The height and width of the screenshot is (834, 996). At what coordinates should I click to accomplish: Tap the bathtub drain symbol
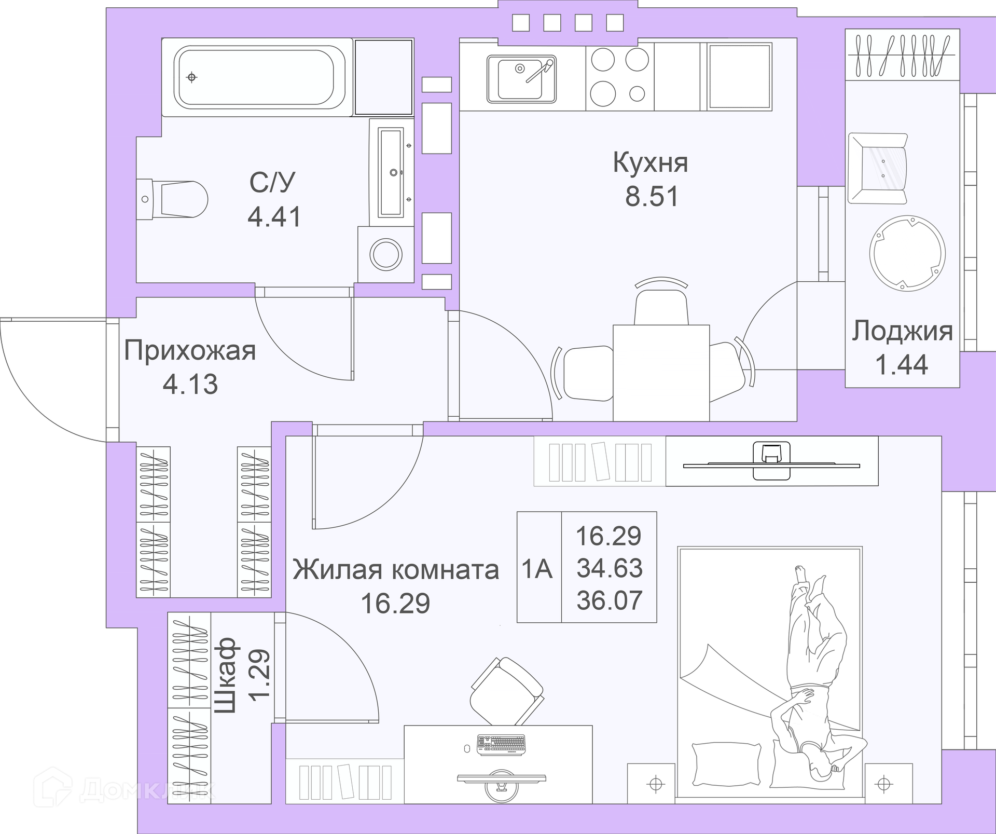click(x=192, y=78)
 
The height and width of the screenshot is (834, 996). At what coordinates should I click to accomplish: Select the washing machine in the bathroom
click(x=386, y=254)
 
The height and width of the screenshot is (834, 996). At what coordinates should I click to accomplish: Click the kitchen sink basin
click(x=521, y=78)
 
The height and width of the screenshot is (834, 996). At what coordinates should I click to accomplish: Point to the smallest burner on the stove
click(x=637, y=94)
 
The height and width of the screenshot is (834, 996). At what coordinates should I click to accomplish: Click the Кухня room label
click(x=651, y=162)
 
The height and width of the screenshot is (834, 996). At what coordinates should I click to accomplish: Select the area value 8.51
click(x=652, y=197)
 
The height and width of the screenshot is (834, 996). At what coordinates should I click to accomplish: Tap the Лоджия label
click(x=902, y=331)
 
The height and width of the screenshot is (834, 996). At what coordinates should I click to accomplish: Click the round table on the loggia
click(x=907, y=253)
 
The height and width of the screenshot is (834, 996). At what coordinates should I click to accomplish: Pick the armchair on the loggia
click(x=878, y=168)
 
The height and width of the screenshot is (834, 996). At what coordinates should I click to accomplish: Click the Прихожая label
click(x=190, y=351)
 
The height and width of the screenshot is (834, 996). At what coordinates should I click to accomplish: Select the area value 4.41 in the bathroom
click(x=274, y=216)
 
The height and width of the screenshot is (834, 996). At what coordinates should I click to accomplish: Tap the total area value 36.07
click(x=610, y=600)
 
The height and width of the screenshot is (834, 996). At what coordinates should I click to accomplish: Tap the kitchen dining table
click(x=661, y=373)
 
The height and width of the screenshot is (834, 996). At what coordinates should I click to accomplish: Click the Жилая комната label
click(x=395, y=570)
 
